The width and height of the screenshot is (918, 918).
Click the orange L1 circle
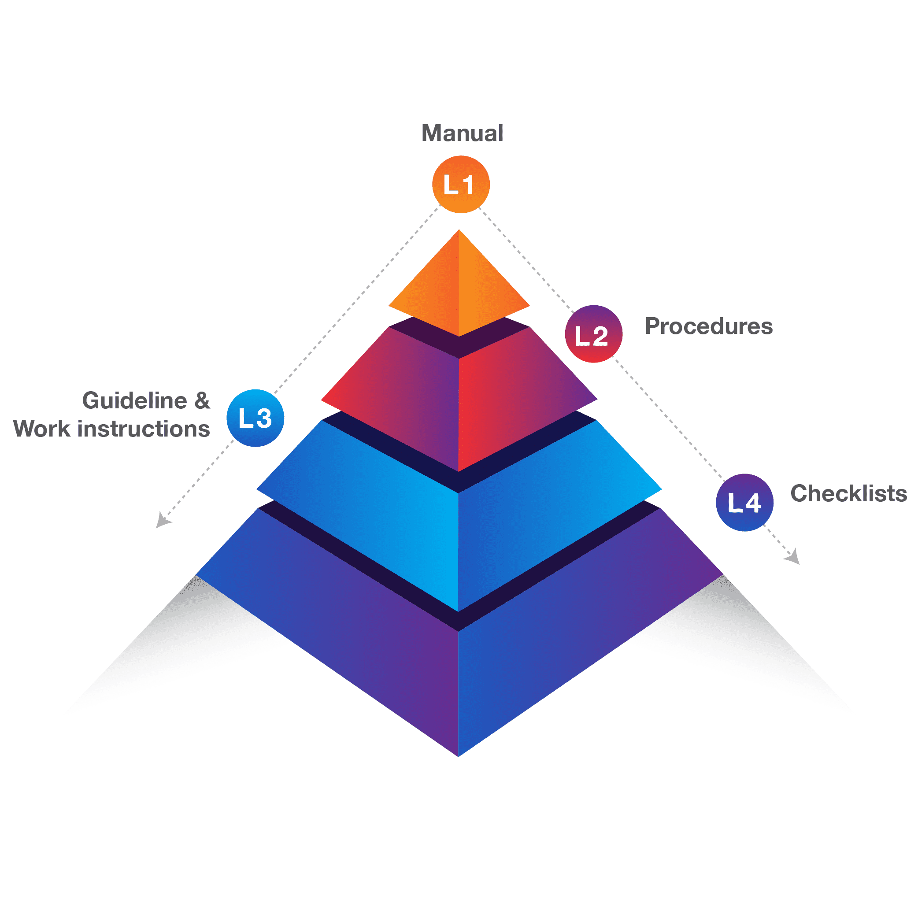pyautogui.click(x=460, y=185)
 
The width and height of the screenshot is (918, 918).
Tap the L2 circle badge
pyautogui.click(x=593, y=334)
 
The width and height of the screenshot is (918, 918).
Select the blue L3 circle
pyautogui.click(x=255, y=418)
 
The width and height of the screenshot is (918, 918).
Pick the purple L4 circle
pyautogui.click(x=744, y=502)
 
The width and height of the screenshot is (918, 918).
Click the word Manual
pyautogui.click(x=463, y=133)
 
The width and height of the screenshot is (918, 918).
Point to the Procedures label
pyautogui.click(x=708, y=326)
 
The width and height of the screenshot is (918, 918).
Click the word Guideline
pyautogui.click(x=134, y=401)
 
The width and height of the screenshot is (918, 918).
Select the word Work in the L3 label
pyautogui.click(x=41, y=429)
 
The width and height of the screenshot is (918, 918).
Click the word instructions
pyautogui.click(x=144, y=429)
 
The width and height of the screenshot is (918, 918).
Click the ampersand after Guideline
pyautogui.click(x=202, y=401)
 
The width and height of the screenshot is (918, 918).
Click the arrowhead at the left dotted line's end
pyautogui.click(x=163, y=521)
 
